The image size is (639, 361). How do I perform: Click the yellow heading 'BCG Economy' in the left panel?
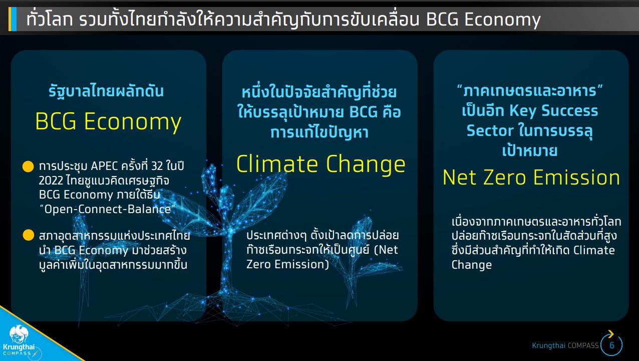click(108, 122)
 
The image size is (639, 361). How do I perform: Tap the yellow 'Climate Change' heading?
click(321, 164)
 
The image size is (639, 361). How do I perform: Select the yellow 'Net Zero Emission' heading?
click(531, 177)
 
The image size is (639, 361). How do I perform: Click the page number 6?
click(611, 345)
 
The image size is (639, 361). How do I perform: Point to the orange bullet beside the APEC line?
click(28, 166)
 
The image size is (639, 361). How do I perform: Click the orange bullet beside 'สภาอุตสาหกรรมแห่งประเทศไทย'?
click(28, 235)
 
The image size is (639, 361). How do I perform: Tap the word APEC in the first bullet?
click(104, 166)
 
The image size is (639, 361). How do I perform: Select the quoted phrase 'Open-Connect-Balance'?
click(107, 210)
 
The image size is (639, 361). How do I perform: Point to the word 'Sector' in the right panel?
click(490, 131)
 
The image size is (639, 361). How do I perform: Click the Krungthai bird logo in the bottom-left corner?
click(19, 334)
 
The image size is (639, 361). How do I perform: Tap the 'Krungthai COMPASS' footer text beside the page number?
click(565, 345)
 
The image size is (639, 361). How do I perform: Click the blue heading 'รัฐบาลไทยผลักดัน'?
click(106, 91)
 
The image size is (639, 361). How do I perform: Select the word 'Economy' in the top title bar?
click(502, 20)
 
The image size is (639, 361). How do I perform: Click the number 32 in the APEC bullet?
click(157, 166)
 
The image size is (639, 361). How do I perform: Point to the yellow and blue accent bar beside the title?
click(13, 19)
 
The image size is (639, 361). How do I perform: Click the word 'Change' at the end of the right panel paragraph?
click(472, 265)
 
